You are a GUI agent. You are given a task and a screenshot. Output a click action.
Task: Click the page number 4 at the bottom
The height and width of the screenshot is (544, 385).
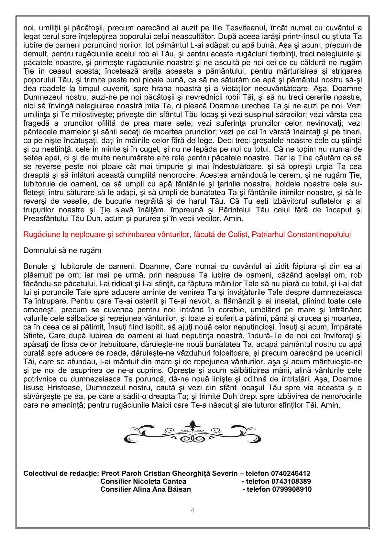192,510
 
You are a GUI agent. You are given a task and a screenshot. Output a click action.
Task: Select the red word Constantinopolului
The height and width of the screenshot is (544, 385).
323,234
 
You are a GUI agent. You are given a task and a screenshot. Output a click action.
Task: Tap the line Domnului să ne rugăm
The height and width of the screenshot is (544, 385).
62,251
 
